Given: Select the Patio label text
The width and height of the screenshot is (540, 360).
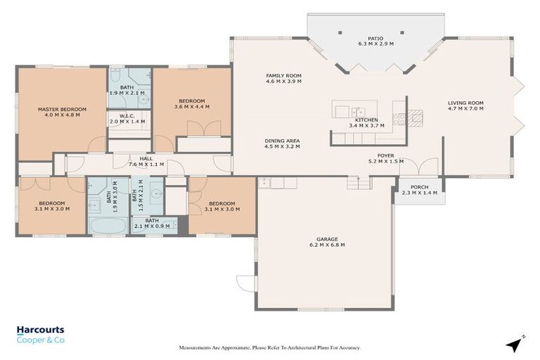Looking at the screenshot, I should [375, 39].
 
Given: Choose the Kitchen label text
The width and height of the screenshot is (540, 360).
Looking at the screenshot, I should [366, 120].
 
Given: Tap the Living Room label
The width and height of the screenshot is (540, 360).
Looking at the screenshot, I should [465, 103].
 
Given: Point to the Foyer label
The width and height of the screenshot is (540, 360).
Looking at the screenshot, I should [385, 156].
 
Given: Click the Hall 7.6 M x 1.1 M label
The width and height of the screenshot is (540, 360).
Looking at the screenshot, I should [146, 161].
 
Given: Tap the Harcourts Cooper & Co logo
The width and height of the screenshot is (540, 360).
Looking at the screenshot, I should [41, 334].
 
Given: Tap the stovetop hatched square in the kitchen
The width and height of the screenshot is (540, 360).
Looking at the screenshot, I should [416, 116].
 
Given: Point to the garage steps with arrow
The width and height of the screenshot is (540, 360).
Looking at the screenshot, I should [359, 182].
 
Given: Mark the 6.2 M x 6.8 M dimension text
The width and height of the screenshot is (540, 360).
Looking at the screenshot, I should [326, 245].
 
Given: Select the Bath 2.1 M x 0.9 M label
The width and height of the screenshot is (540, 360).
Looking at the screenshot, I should [153, 223].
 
